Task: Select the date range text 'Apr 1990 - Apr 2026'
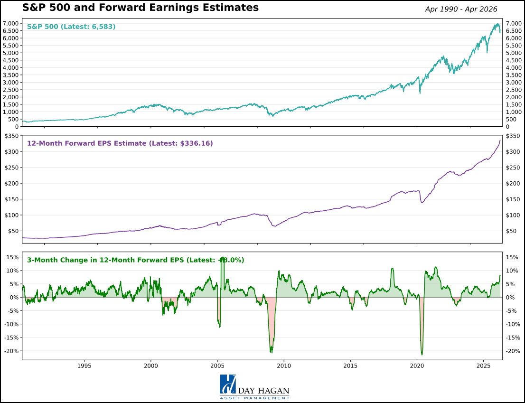(461, 9)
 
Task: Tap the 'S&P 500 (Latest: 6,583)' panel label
(71, 27)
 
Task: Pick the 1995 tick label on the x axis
(84, 366)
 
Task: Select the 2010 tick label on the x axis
(284, 366)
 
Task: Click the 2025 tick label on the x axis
(483, 366)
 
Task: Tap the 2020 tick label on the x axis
(417, 366)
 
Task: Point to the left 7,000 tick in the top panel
(10, 23)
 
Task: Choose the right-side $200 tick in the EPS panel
(513, 184)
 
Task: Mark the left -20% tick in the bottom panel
(11, 351)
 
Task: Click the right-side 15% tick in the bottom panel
(512, 257)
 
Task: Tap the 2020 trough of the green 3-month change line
(422, 354)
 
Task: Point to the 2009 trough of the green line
(271, 352)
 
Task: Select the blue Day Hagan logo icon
(228, 384)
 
